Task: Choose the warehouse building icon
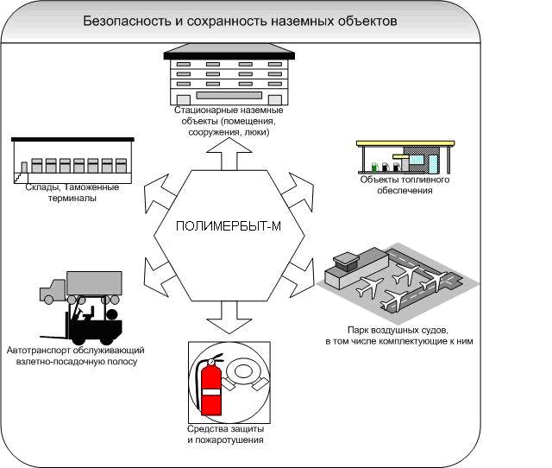[x=73, y=161]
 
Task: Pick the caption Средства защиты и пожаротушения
[x=224, y=434]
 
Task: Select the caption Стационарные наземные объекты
[x=228, y=122]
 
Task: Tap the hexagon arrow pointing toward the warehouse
[x=156, y=187]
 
